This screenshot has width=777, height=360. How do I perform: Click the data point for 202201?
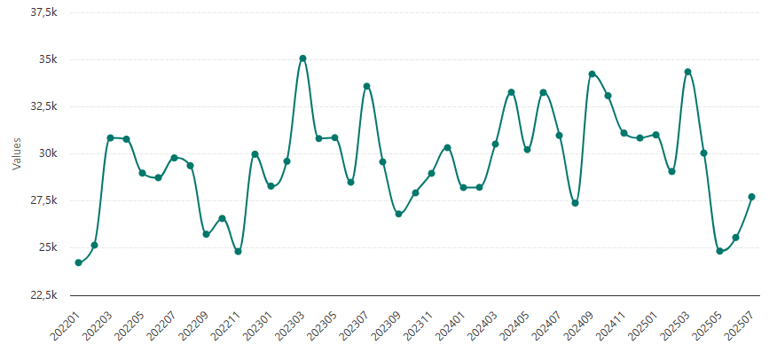pyautogui.click(x=79, y=262)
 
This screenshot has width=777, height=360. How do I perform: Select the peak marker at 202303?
pyautogui.click(x=302, y=59)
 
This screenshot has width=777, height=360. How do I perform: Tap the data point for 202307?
pyautogui.click(x=367, y=86)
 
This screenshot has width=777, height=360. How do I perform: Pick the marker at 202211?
pyautogui.click(x=239, y=252)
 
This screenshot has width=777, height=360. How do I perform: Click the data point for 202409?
pyautogui.click(x=592, y=74)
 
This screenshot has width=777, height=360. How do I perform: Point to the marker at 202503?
pyautogui.click(x=687, y=72)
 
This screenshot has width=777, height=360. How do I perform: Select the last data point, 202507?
pyautogui.click(x=751, y=197)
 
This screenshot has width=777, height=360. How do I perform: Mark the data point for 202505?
pyautogui.click(x=719, y=251)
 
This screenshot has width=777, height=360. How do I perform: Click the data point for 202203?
pyautogui.click(x=111, y=137)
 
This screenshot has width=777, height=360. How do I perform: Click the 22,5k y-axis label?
pyautogui.click(x=42, y=294)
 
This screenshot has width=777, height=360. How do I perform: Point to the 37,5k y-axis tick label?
pyautogui.click(x=42, y=12)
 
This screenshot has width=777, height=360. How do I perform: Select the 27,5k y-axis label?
pyautogui.click(x=42, y=200)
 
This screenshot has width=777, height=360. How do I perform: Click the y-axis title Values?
pyautogui.click(x=16, y=153)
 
